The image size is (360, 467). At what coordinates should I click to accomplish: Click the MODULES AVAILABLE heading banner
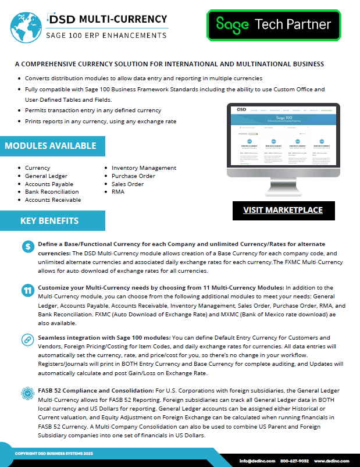pos(51,145)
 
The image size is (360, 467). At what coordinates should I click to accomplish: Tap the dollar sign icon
pos(27,247)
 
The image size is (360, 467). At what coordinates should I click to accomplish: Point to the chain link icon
pos(27,338)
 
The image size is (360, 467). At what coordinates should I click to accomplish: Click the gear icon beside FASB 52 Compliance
pos(27,392)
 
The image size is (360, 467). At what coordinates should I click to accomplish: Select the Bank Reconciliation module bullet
pos(51,191)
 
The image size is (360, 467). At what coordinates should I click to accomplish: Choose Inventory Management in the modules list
pos(144,167)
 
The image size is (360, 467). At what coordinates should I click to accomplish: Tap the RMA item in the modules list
pos(119,191)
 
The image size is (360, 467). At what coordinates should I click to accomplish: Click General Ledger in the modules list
pos(46,176)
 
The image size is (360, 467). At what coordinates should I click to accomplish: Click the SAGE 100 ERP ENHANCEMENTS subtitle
pos(106,35)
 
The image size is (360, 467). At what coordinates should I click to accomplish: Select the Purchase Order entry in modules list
pos(133,176)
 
